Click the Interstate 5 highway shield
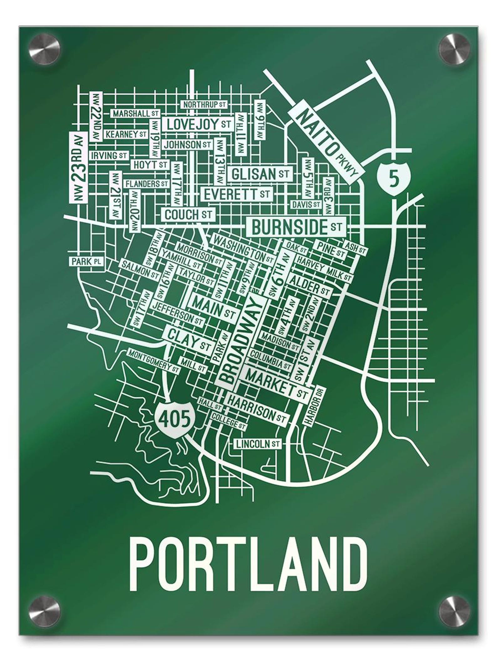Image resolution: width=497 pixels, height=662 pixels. pyautogui.click(x=393, y=179)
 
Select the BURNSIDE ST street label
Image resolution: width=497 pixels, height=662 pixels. pyautogui.click(x=296, y=227)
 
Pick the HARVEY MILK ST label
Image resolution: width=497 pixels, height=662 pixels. pyautogui.click(x=324, y=269)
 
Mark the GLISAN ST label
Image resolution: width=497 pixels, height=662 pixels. pyautogui.click(x=260, y=174)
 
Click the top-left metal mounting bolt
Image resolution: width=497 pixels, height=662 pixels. pyautogui.click(x=47, y=50)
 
